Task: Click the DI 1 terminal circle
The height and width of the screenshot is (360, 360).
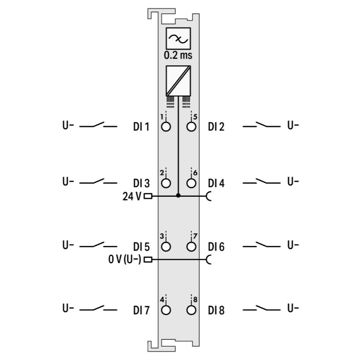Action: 166,127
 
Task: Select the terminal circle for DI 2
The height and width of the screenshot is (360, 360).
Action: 191,127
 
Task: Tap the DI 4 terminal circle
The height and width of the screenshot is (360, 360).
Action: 191,183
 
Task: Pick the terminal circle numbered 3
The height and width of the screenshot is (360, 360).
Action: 166,247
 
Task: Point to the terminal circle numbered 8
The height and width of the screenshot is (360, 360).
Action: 191,310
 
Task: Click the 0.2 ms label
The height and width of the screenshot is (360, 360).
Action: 178,55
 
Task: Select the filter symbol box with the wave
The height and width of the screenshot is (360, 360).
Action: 179,38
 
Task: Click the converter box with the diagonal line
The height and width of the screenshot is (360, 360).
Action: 179,81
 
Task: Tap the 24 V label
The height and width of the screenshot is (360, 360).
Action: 132,196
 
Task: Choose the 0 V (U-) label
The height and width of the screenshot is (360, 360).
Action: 125,260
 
